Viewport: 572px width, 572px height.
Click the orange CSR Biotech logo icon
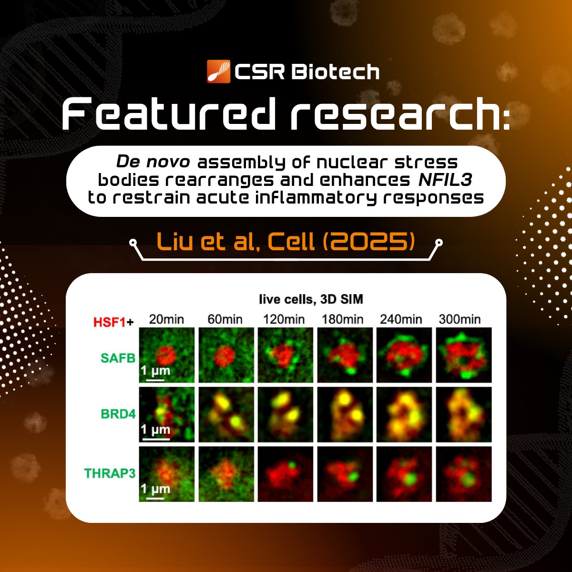pyautogui.click(x=219, y=71)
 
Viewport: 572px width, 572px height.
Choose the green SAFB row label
pyautogui.click(x=118, y=357)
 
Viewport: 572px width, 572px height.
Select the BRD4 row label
pyautogui.click(x=118, y=413)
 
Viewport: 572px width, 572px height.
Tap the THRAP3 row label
pyautogui.click(x=110, y=473)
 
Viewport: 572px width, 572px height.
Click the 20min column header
pyautogui.click(x=166, y=319)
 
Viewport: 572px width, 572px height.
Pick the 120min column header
pyautogui.click(x=284, y=319)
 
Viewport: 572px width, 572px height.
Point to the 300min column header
pyautogui.click(x=460, y=319)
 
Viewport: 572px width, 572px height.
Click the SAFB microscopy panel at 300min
pyautogui.click(x=463, y=355)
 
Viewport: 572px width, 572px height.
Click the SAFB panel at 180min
pyautogui.click(x=345, y=355)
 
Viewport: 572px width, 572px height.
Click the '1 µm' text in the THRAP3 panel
pyautogui.click(x=155, y=489)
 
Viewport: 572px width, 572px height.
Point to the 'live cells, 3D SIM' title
pyautogui.click(x=311, y=299)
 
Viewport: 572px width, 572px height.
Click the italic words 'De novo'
pyautogui.click(x=153, y=162)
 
